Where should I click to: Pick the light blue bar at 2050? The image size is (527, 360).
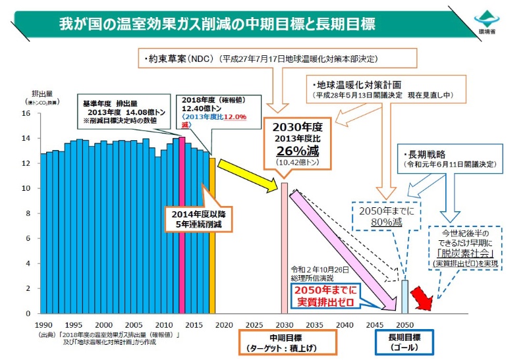405,297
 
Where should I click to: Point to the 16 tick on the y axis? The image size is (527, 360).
27,113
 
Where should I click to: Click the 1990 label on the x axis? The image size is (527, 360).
43,325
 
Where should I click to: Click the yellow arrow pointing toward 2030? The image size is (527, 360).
248,174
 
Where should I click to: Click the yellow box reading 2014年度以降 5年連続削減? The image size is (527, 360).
200,219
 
